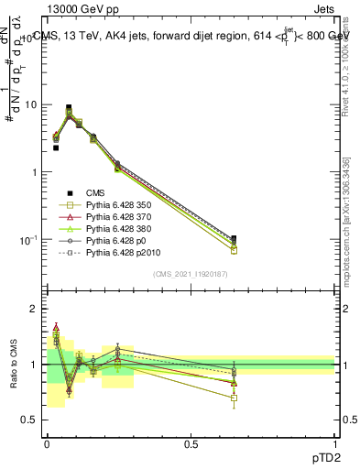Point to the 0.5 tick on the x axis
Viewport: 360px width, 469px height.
click(x=191, y=444)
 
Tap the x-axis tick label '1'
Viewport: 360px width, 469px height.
click(x=334, y=444)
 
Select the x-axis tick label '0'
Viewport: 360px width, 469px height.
click(x=47, y=444)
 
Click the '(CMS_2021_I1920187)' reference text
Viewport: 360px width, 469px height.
click(x=190, y=274)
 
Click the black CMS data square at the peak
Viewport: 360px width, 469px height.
click(x=69, y=108)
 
